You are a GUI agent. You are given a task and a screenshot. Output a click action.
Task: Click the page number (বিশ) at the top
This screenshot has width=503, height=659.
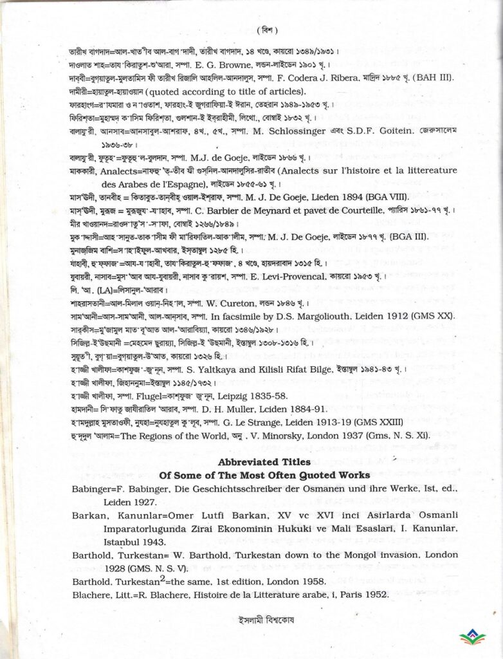(266, 30)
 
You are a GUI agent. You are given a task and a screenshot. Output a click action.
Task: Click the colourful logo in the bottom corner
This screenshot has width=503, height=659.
(473, 637)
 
